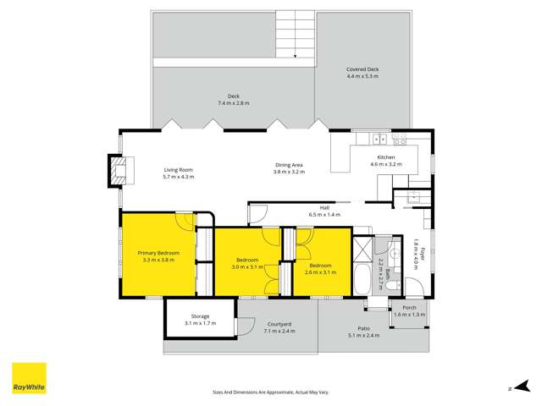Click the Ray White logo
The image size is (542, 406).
pyautogui.click(x=29, y=378)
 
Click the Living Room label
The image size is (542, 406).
pyautogui.click(x=179, y=169)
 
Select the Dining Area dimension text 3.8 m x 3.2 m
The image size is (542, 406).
pyautogui.click(x=289, y=172)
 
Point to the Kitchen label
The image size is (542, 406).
pyautogui.click(x=385, y=157)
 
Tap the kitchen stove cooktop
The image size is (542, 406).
pyautogui.click(x=399, y=139)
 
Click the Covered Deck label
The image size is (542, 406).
pyautogui.click(x=362, y=69)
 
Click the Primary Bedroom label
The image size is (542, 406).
pyautogui.click(x=159, y=253)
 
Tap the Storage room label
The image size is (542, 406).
pyautogui.click(x=200, y=316)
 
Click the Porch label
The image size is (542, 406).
pyautogui.click(x=409, y=307)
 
